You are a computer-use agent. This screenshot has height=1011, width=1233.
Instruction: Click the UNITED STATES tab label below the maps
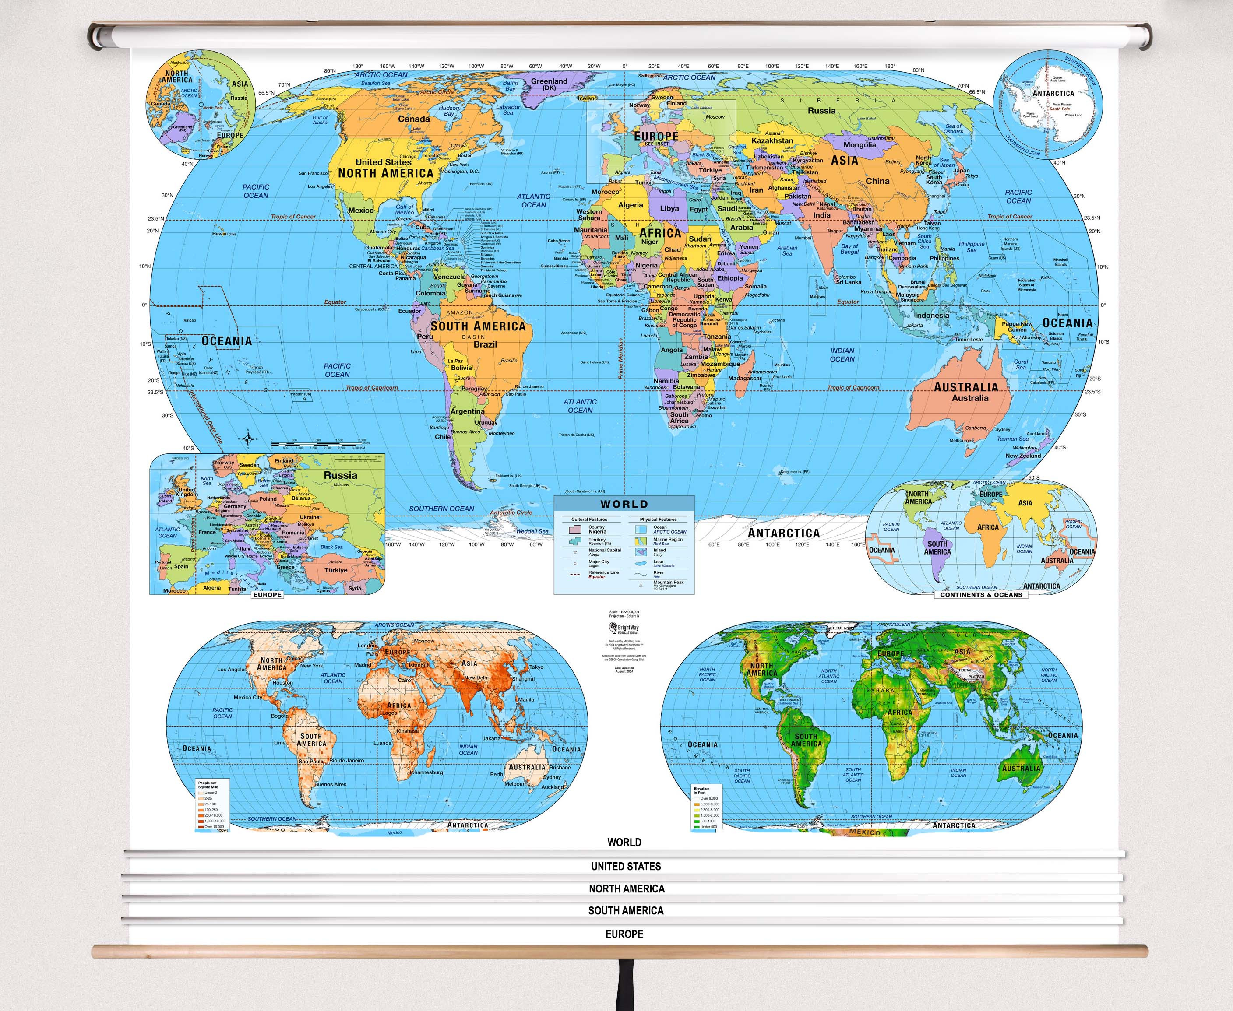click(626, 866)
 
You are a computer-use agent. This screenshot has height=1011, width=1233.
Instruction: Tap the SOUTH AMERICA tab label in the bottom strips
click(626, 910)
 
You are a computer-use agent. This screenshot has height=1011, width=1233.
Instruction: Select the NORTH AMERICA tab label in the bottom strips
click(627, 888)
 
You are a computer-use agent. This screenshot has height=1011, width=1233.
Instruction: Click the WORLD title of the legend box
click(624, 504)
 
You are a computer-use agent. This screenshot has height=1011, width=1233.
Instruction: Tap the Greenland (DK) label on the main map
click(549, 84)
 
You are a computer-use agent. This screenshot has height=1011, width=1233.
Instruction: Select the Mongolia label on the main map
click(860, 144)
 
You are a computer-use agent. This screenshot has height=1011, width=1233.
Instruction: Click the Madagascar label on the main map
click(745, 378)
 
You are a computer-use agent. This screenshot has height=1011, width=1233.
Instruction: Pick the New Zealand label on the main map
click(1023, 456)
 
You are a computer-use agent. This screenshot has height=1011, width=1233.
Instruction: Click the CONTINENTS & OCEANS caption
click(981, 595)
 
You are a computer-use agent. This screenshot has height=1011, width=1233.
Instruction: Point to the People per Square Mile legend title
click(208, 785)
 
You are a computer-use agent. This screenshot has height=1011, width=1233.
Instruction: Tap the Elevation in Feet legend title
click(701, 790)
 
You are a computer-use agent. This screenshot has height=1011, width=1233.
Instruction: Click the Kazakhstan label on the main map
click(772, 140)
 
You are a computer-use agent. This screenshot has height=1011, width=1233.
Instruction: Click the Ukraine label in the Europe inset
click(310, 516)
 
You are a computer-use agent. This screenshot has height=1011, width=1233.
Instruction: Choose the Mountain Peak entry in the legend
click(668, 583)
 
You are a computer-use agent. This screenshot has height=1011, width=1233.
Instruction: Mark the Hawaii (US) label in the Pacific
click(224, 234)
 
